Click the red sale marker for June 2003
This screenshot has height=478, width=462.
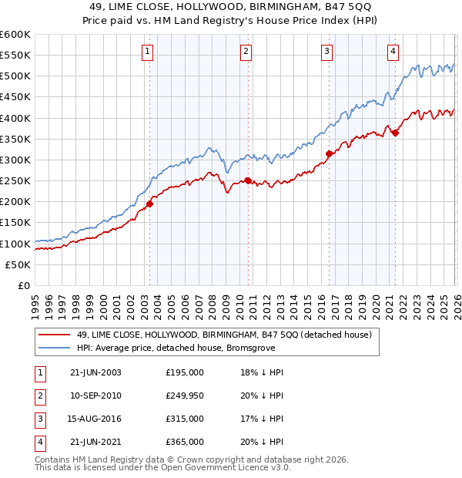149,204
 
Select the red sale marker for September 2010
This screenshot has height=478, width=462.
248,180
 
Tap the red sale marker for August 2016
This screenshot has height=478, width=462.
329,153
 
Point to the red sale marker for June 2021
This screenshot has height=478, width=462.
395,133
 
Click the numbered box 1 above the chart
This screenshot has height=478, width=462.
146,52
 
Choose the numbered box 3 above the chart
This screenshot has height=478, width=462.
326,52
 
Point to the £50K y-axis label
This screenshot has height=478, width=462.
18,264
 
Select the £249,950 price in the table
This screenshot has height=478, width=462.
185,396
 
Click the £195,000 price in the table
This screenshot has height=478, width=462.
185,372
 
